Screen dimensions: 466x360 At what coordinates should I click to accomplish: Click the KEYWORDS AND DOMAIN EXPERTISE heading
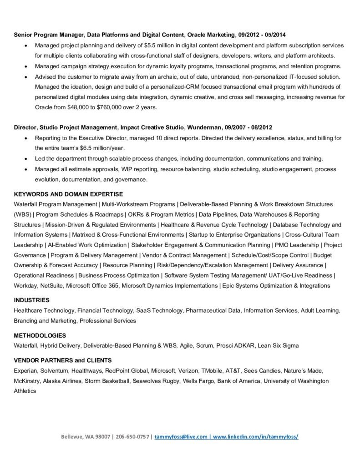tap(68, 194)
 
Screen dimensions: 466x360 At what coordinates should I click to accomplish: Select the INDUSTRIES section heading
tap(32, 300)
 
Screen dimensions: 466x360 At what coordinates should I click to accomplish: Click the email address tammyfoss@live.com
tap(181, 436)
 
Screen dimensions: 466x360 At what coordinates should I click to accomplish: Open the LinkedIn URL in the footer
tap(255, 436)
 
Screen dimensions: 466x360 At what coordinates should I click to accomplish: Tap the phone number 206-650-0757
tap(132, 436)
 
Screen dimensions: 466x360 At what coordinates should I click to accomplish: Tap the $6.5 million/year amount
tap(100, 148)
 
